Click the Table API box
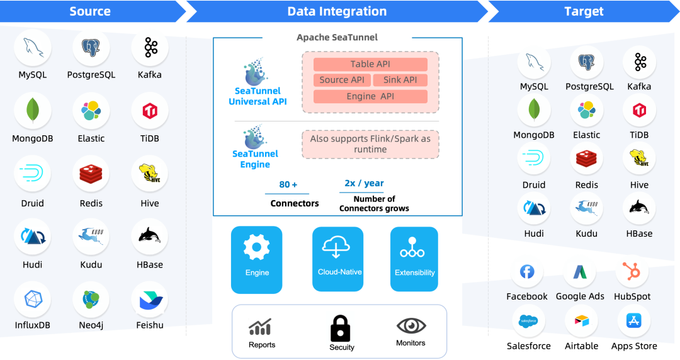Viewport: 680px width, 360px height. coord(370,64)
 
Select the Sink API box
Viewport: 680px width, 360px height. coord(400,80)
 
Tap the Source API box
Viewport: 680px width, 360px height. coord(341,80)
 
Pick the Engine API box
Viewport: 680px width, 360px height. coord(370,96)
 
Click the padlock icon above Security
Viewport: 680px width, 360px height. coord(341,328)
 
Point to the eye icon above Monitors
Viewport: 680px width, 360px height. coord(411,326)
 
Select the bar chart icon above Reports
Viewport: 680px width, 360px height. coord(260,327)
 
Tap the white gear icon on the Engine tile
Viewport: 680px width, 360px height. coord(256,247)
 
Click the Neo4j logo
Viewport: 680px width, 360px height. coord(91,300)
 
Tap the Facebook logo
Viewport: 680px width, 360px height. coord(527,272)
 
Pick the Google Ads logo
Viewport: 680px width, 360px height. coord(579,272)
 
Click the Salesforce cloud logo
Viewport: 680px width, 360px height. coord(527,321)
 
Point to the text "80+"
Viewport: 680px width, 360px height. coord(288,185)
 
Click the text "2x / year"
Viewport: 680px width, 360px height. coord(364,183)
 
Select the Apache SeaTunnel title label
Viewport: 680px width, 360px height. coord(337,38)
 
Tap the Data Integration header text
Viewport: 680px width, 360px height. coord(337,11)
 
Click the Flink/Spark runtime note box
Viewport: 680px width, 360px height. coord(370,144)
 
